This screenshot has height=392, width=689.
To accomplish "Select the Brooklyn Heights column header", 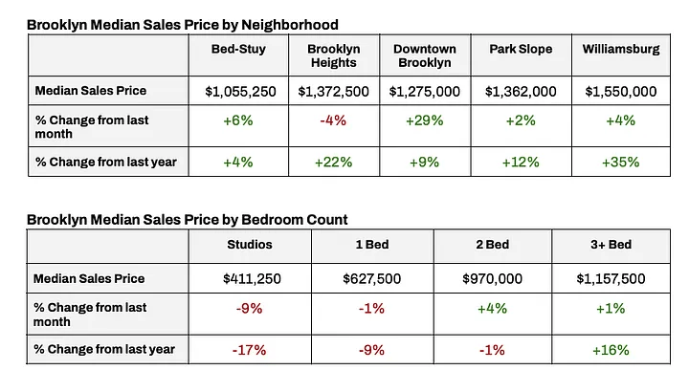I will coord(333,55).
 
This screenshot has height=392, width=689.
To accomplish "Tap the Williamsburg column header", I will coord(620,49).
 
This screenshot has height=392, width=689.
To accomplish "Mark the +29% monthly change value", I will coord(425,126).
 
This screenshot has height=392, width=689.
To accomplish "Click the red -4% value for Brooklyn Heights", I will coord(333,126).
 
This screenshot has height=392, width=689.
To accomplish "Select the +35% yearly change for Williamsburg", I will coord(620,162).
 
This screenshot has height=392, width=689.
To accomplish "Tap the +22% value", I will coord(333,162).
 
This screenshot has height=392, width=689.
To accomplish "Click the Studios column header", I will coord(251,244).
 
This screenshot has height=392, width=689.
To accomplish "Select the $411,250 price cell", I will coord(251,278).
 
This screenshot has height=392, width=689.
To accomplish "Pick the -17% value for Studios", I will coord(251,349).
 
